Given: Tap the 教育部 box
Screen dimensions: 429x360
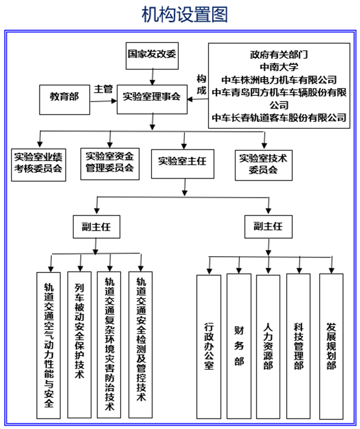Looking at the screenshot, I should click(64, 97).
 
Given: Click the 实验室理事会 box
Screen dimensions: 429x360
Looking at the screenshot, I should click(152, 97).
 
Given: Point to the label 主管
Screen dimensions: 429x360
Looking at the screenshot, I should click(103, 89).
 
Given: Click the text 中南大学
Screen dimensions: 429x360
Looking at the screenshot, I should click(279, 67).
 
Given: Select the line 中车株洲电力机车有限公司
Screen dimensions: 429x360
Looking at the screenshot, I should click(279, 80).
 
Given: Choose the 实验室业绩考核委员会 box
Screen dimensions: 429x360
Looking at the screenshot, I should click(39, 163).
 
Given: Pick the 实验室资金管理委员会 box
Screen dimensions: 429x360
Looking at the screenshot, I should click(110, 162).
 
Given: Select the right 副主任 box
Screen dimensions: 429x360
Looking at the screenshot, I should click(268, 226).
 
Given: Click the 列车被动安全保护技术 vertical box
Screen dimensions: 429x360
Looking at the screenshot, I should click(80, 344).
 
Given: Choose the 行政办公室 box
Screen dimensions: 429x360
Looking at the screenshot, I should click(209, 346).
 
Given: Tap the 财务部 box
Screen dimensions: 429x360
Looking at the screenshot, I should click(239, 346).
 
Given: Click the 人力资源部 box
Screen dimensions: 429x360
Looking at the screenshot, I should click(268, 346).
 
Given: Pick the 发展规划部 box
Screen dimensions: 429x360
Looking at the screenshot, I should click(331, 346).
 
